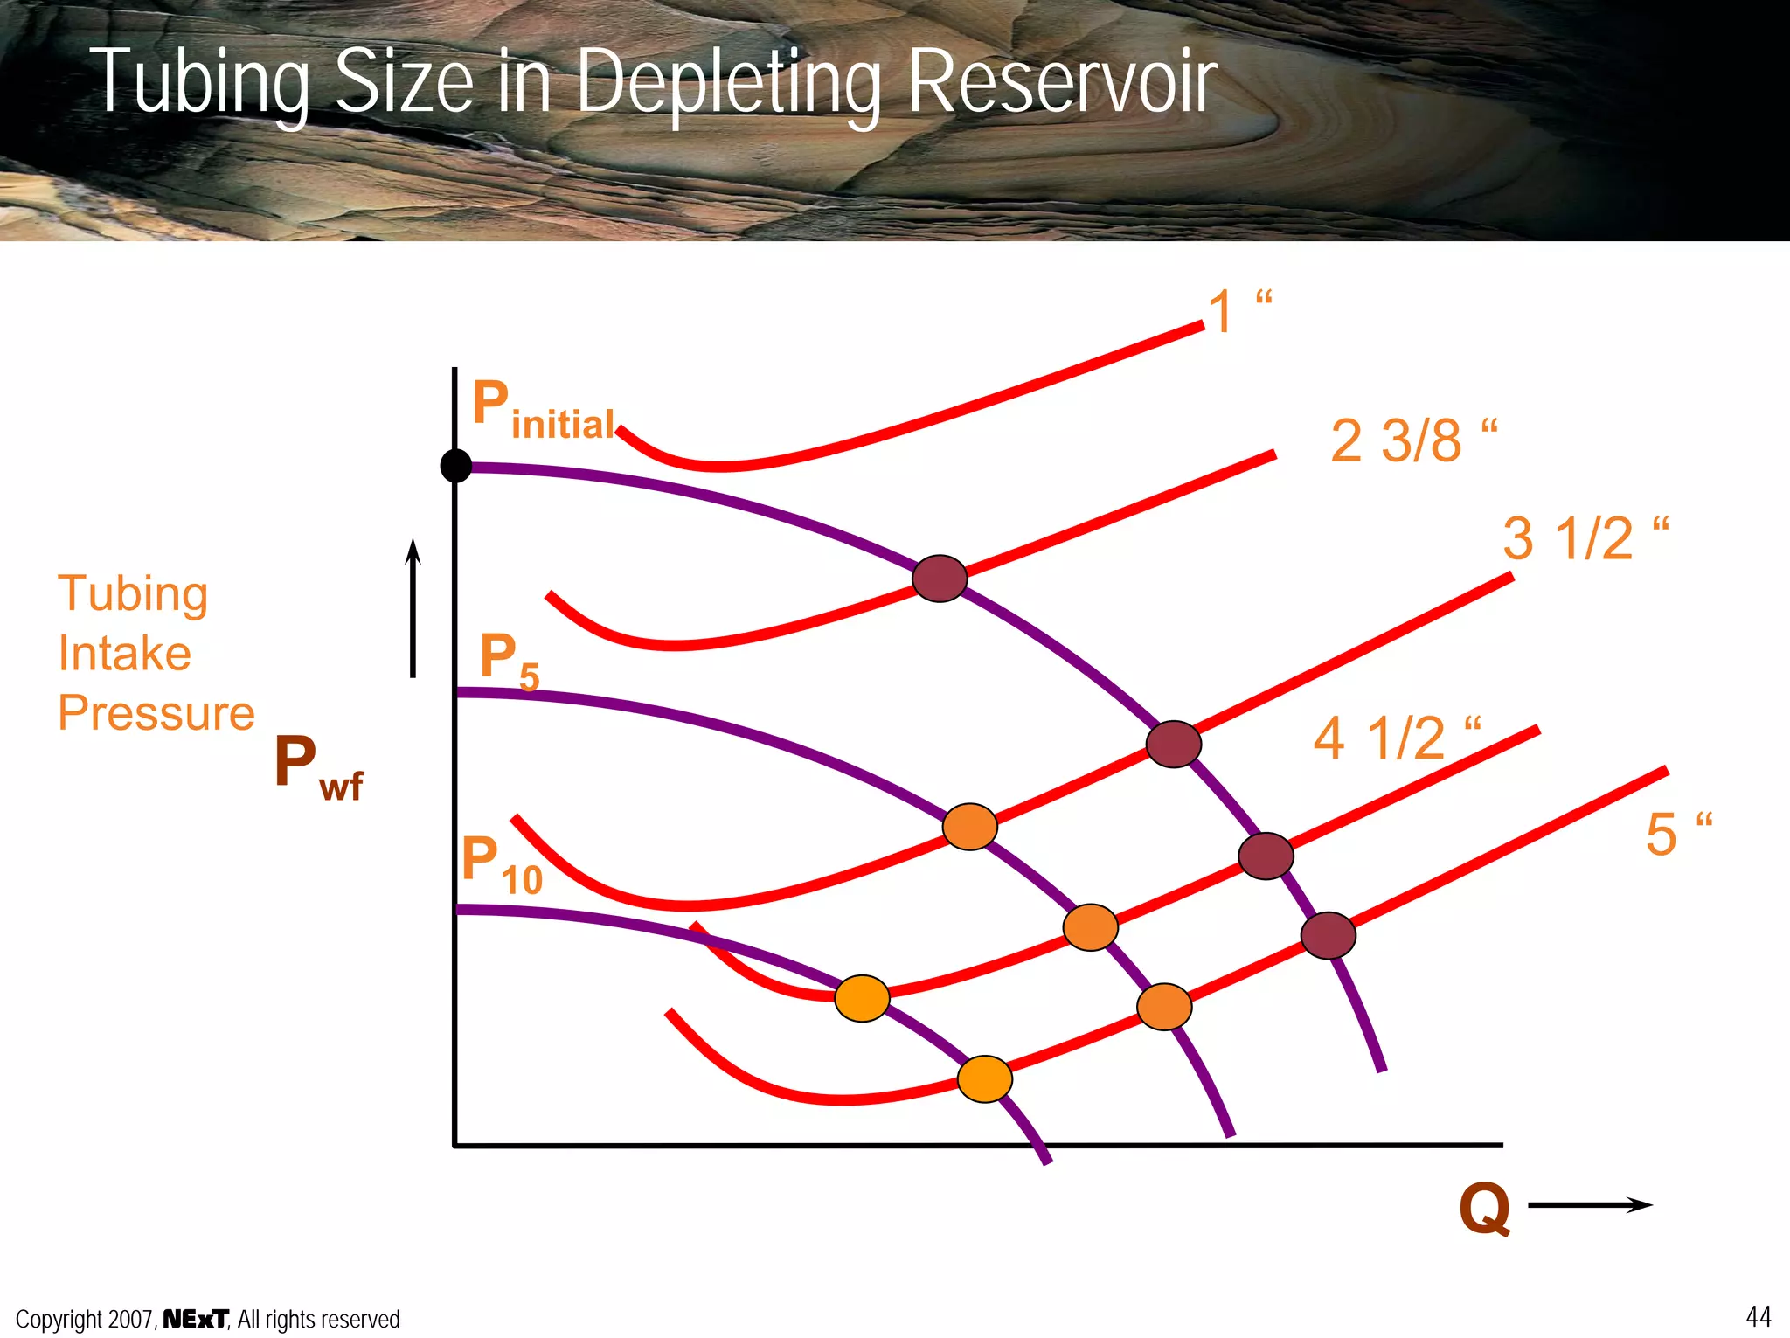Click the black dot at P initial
click(455, 466)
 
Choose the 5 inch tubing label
click(1677, 834)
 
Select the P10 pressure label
click(502, 865)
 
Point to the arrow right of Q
click(1590, 1205)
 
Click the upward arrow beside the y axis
click(413, 607)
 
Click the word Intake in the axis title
click(125, 654)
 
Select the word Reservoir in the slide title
click(1062, 83)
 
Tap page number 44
click(1758, 1316)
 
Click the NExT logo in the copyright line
click(196, 1319)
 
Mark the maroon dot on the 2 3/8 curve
click(940, 579)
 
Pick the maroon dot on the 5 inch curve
click(1328, 935)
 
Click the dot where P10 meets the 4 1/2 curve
click(862, 998)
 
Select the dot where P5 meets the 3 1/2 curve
click(970, 826)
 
